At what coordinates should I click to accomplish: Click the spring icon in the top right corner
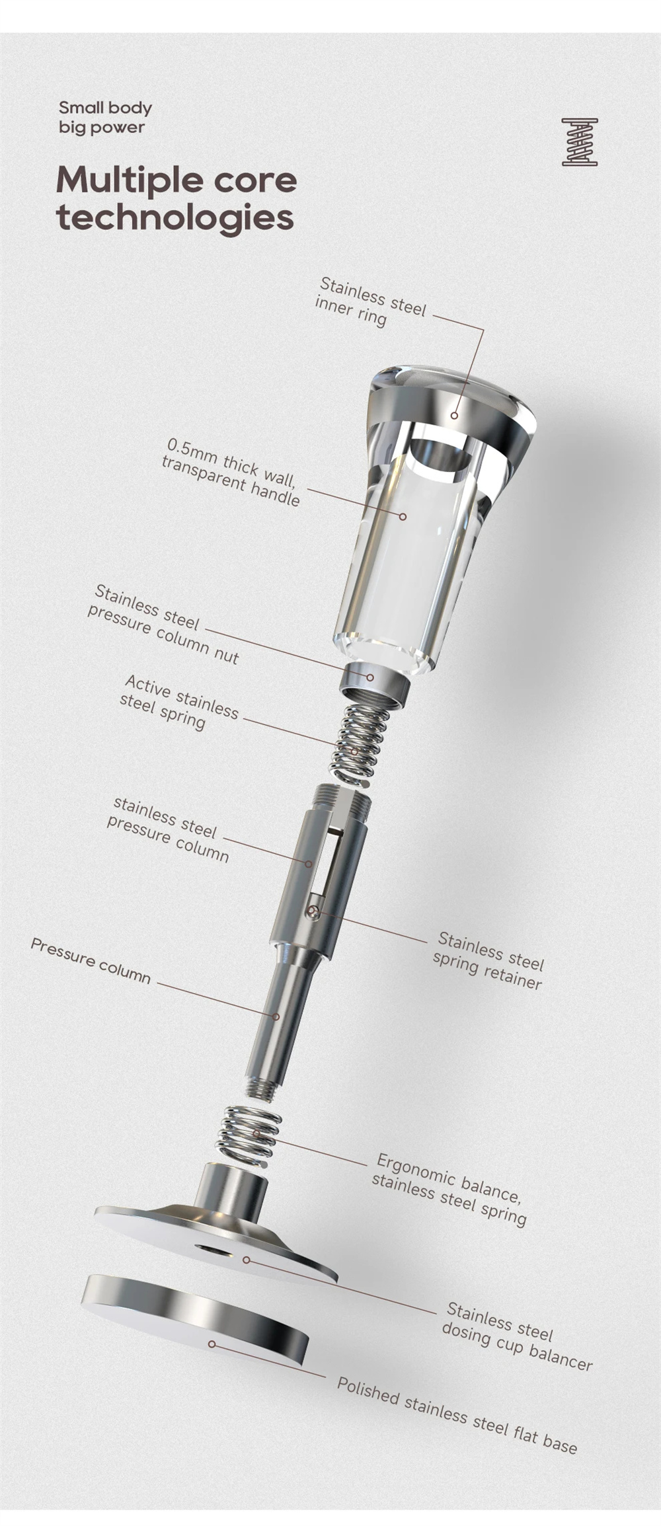coord(580,142)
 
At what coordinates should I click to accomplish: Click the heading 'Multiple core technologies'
coord(176,198)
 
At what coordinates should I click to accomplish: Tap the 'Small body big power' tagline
coord(105,117)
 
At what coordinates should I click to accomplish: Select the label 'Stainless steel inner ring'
coord(371,302)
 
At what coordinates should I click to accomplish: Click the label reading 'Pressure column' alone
coord(91,960)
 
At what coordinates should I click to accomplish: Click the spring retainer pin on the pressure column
coord(313,913)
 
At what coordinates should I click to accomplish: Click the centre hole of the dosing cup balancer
coord(213,1248)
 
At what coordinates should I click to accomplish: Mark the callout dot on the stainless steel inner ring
coord(455,415)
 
